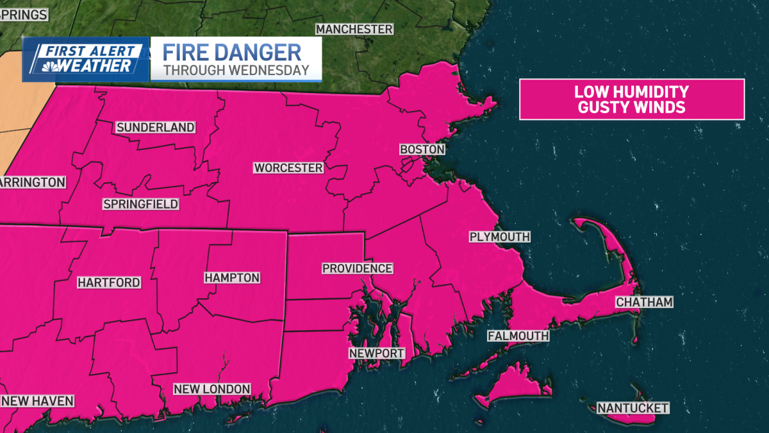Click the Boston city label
tap(422, 149)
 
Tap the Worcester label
tap(288, 168)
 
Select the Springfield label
tap(140, 205)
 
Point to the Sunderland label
tap(155, 128)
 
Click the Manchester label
tap(354, 30)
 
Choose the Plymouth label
tap(500, 237)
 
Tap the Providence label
tap(357, 268)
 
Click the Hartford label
tap(109, 282)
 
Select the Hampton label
tap(232, 278)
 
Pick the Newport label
tap(377, 353)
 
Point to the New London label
tap(212, 389)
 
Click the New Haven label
tap(37, 401)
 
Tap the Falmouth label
tap(518, 336)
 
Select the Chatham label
tap(644, 302)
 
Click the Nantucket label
tap(633, 408)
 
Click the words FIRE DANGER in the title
tap(232, 53)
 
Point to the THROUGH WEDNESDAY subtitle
tap(236, 71)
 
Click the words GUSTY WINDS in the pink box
tap(631, 107)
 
